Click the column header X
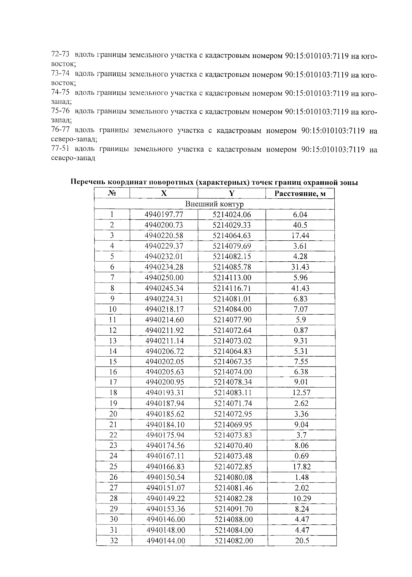tap(164, 193)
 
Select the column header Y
tap(232, 193)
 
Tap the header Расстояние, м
tap(300, 194)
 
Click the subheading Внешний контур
tap(214, 204)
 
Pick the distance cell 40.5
tap(300, 225)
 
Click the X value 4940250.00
tap(164, 278)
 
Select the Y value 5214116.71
tap(232, 288)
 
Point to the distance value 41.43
tap(300, 288)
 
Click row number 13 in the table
tap(113, 341)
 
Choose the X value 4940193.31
tap(165, 393)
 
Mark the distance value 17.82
tap(301, 467)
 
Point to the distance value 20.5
tap(302, 541)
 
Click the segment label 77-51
tap(60, 149)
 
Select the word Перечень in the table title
tap(88, 183)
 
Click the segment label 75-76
tap(60, 111)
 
